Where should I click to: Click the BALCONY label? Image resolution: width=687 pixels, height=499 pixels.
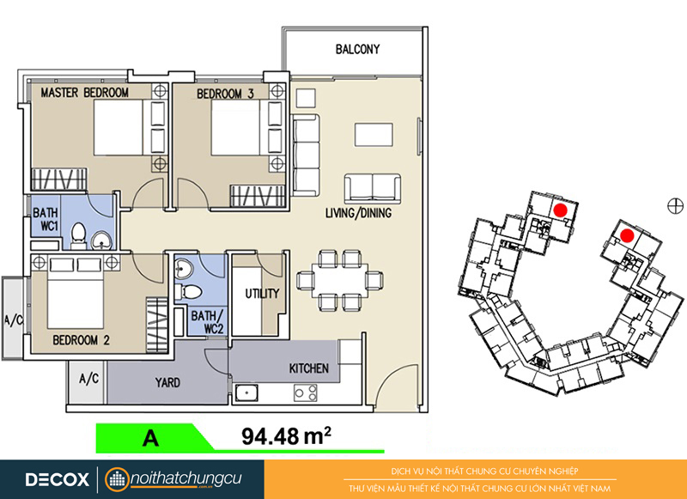pos(357,49)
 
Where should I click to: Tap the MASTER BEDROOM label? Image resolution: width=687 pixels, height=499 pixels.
pos(84,93)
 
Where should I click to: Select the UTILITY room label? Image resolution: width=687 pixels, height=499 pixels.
pos(262,293)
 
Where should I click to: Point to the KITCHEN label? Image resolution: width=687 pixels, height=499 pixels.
pos(308,368)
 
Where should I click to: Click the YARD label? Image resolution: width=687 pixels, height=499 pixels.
pos(167,382)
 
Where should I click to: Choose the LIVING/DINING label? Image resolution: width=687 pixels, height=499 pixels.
pos(358,213)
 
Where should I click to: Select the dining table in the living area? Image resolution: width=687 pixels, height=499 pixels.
pos(340,280)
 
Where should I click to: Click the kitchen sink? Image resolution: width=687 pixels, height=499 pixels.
pos(246,393)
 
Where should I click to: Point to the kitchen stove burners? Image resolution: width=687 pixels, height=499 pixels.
pos(306,393)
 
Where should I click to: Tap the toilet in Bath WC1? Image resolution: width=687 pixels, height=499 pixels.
pos(78,234)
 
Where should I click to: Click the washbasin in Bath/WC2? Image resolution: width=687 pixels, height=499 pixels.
pos(183,268)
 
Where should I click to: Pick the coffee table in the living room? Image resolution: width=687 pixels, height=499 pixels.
pos(374,135)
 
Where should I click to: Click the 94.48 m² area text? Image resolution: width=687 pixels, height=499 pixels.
pos(286,436)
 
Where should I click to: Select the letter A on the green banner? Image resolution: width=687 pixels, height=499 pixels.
pos(151,437)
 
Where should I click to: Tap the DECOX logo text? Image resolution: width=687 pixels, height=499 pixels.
pos(58,479)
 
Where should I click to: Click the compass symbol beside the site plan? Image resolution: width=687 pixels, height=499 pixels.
pos(675,205)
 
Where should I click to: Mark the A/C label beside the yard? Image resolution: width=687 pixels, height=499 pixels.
pos(88,378)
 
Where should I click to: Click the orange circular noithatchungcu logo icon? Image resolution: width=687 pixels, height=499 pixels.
pos(117,479)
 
